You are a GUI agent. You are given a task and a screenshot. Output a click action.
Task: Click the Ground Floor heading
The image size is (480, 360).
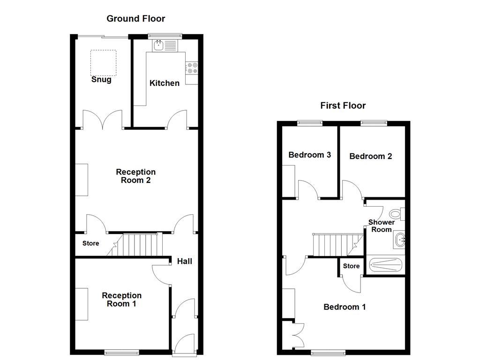135,19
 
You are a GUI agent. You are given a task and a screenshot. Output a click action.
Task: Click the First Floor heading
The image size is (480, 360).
343,105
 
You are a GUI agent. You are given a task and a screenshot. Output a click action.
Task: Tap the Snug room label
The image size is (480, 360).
101,80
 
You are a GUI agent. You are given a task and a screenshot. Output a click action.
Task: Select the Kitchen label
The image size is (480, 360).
164,83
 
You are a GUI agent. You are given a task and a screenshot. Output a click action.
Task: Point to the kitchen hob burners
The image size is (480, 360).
192,68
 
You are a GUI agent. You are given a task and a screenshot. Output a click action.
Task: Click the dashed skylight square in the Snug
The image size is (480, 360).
104,62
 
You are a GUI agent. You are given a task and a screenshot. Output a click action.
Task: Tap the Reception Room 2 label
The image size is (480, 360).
135,176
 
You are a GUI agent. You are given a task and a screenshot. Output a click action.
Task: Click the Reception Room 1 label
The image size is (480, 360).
121,300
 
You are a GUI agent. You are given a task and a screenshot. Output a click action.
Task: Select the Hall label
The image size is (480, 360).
184,262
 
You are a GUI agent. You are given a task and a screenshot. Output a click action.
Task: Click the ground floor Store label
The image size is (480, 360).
91,244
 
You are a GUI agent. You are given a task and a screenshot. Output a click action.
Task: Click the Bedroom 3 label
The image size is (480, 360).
309,155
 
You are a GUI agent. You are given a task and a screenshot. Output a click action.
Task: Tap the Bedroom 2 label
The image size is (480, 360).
370,157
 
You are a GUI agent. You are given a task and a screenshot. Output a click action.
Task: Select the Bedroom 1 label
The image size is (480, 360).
345,307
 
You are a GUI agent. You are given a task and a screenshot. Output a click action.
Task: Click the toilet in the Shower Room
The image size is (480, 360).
396,214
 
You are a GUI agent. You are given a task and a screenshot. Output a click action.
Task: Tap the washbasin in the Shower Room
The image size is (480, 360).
400,240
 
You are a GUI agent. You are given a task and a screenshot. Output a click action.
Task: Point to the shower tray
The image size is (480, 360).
385,265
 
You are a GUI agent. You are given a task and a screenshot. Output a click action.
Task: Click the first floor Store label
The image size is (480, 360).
351,266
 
